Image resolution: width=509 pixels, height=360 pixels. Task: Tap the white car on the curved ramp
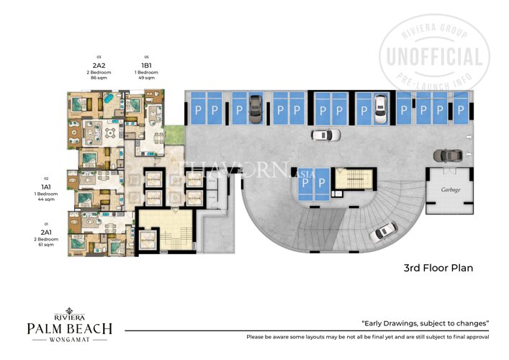click(x=385, y=230)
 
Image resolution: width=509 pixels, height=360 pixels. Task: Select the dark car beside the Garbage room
click(x=447, y=155)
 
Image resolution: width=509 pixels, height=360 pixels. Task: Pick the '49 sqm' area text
click(x=147, y=78)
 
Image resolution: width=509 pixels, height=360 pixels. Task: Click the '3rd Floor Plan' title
click(x=437, y=269)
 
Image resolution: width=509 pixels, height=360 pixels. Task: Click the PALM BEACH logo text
click(x=69, y=329)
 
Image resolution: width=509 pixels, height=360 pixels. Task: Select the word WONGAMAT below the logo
click(x=69, y=341)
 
